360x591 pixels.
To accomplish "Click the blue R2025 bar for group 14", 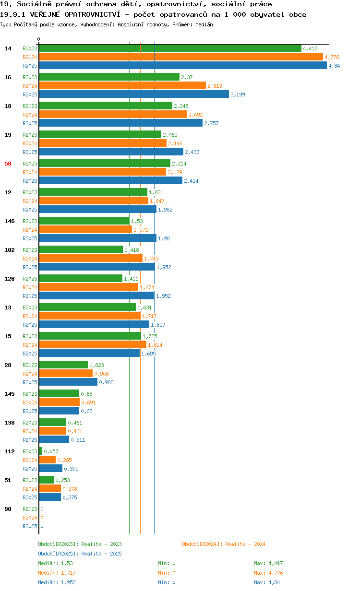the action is tap(183, 65).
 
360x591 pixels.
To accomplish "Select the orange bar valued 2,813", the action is tap(122, 85).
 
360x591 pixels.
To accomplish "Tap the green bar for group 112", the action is tap(41, 451).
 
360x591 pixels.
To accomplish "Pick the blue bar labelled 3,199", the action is tap(134, 94).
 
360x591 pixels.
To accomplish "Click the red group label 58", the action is tap(8, 164).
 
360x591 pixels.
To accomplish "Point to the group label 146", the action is tap(10, 221).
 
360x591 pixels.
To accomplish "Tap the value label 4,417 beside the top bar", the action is tap(310, 48).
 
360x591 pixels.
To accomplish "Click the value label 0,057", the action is tap(51, 451).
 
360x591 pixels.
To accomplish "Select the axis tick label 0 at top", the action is tap(38, 39).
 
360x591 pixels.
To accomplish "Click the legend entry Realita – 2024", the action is tap(224, 544).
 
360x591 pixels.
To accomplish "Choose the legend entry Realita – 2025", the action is tap(80, 554).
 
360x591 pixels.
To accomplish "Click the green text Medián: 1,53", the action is tap(55, 563).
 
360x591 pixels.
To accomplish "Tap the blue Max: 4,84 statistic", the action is tap(267, 582).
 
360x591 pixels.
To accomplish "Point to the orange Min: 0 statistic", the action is tap(167, 573).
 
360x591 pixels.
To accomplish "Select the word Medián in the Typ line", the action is tap(204, 24).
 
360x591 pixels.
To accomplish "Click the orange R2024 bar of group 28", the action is tap(66, 373).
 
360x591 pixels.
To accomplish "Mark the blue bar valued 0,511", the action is tap(54, 439).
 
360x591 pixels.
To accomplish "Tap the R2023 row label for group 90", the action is tap(30, 509).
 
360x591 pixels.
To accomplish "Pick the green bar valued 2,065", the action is tap(100, 134).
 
